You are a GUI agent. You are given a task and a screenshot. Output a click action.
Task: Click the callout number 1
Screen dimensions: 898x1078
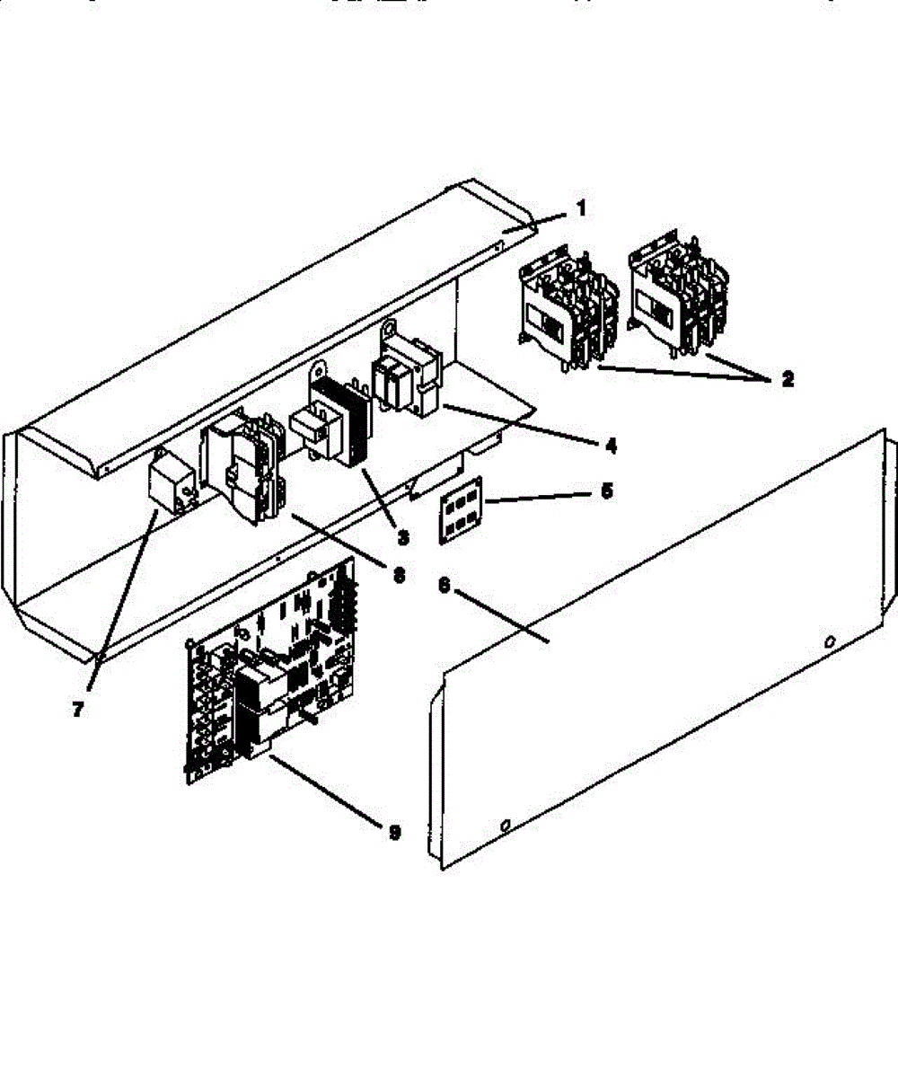tap(581, 209)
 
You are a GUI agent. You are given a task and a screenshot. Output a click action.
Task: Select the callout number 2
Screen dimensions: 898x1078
tap(787, 379)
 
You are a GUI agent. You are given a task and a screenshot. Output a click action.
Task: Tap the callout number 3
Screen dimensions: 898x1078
tap(402, 537)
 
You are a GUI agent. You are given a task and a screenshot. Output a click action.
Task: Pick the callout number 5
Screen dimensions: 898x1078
tap(606, 492)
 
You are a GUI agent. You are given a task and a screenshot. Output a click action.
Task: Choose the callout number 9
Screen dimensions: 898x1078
tap(393, 833)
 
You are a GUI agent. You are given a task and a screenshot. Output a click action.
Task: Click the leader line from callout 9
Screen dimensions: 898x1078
tap(323, 791)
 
